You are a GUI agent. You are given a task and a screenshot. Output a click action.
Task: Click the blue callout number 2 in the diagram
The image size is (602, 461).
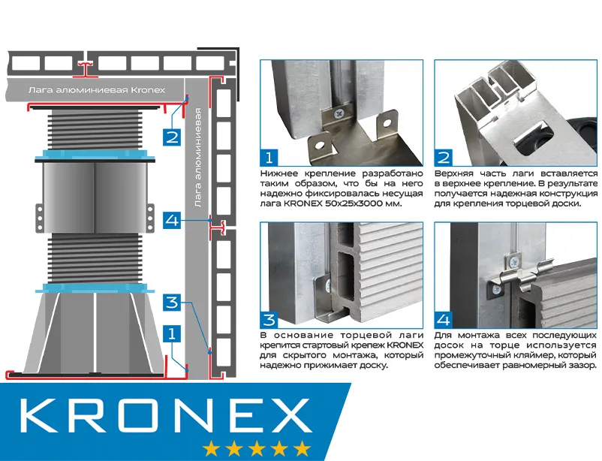pyautogui.click(x=172, y=137)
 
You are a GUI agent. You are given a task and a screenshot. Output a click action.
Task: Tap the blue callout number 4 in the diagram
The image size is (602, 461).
pyautogui.click(x=172, y=221)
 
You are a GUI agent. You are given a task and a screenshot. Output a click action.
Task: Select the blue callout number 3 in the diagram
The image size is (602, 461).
pyautogui.click(x=172, y=303)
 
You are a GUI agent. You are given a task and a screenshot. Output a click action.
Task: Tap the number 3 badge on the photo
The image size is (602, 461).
pyautogui.click(x=268, y=318)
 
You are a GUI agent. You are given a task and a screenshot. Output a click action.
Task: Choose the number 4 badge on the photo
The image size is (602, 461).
pyautogui.click(x=444, y=318)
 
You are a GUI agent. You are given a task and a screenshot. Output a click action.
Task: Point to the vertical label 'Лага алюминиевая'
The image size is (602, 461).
pyautogui.click(x=197, y=158)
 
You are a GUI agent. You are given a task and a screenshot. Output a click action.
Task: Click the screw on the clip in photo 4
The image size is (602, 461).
pyautogui.click(x=513, y=263)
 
